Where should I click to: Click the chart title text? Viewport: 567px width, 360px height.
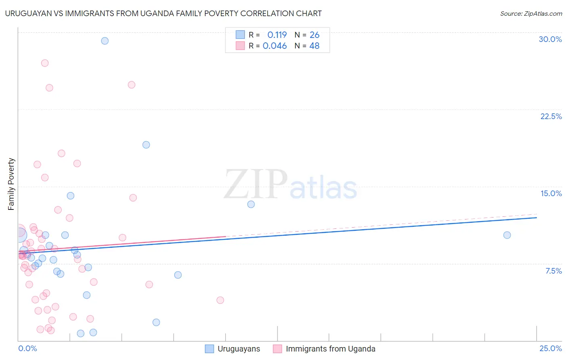pos(163,13)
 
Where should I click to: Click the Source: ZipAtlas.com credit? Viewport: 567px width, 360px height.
pos(531,13)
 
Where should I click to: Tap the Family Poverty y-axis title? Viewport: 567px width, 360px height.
pos(11,184)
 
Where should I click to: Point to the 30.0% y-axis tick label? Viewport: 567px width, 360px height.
pos(550,39)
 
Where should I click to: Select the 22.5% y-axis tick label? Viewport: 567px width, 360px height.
pos(551,116)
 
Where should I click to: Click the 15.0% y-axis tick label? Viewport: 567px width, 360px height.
pos(551,193)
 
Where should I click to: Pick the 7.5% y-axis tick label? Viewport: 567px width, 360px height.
pos(553,271)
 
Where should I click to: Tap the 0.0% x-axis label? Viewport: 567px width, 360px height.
pos(27,348)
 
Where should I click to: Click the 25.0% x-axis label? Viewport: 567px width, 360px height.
pos(550,348)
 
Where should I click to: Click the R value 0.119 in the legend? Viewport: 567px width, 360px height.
pos(277,35)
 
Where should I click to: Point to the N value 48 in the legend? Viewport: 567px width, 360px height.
pos(314,46)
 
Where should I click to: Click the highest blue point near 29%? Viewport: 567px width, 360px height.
pos(105,41)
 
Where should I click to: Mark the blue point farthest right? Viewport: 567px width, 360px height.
pos(507,235)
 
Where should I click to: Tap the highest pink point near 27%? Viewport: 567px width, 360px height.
pos(45,63)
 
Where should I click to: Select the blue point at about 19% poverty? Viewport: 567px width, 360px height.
pos(146,144)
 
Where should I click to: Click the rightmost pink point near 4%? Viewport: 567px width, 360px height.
pos(220,300)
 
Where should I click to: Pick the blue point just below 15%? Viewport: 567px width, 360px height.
pos(71,196)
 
